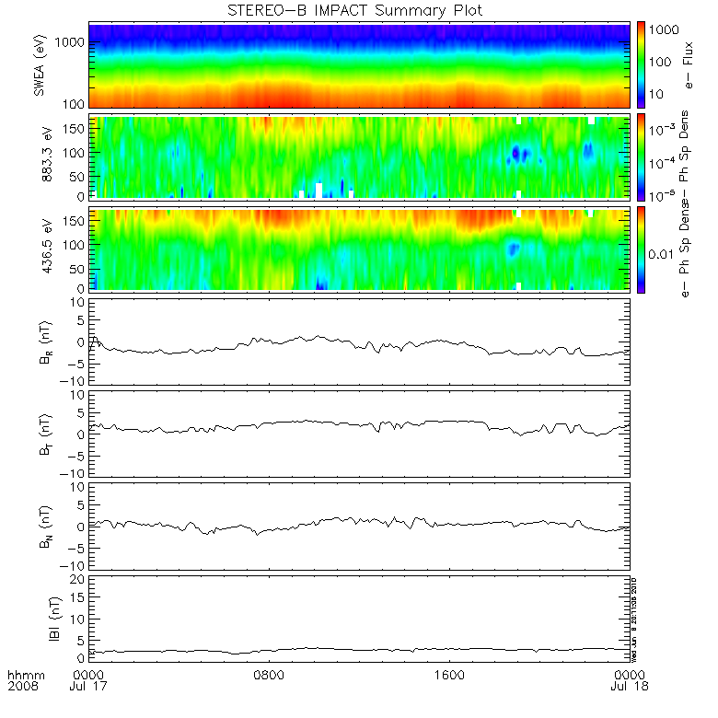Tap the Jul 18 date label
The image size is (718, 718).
[628, 687]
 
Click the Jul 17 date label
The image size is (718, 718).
[89, 687]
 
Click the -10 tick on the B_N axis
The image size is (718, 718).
[74, 565]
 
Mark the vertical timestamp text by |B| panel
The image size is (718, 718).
[635, 616]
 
